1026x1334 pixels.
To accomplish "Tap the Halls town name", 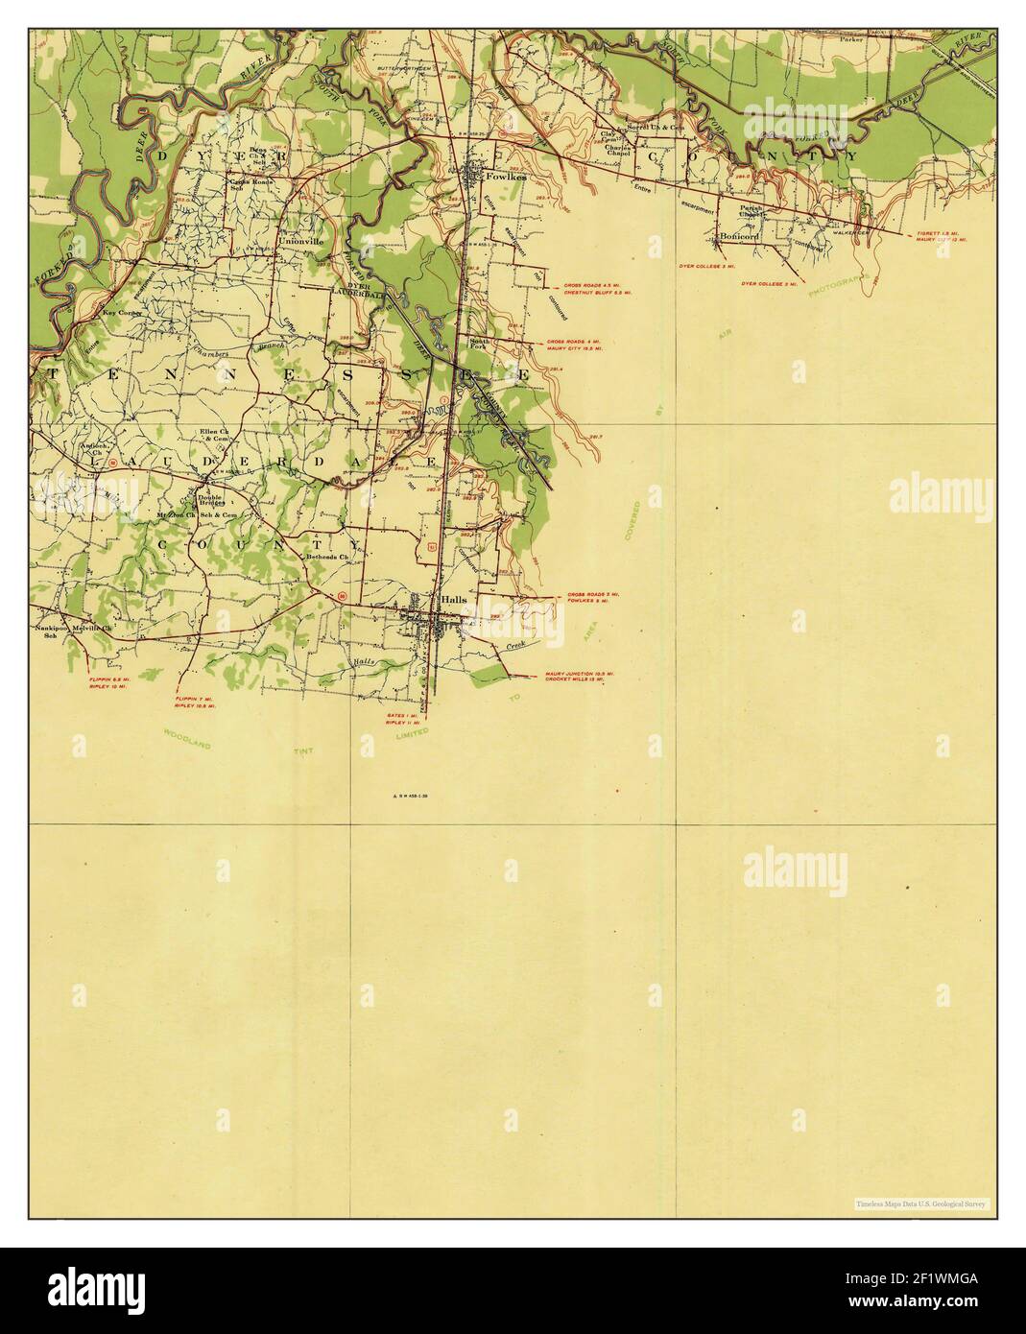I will click(x=453, y=599).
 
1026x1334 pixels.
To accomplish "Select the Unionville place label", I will click(x=300, y=243).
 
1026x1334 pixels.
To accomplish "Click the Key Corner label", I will click(x=122, y=313).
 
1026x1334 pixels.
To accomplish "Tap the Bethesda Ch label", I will click(x=331, y=557).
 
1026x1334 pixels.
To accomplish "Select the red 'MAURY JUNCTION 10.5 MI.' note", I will click(x=579, y=674).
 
